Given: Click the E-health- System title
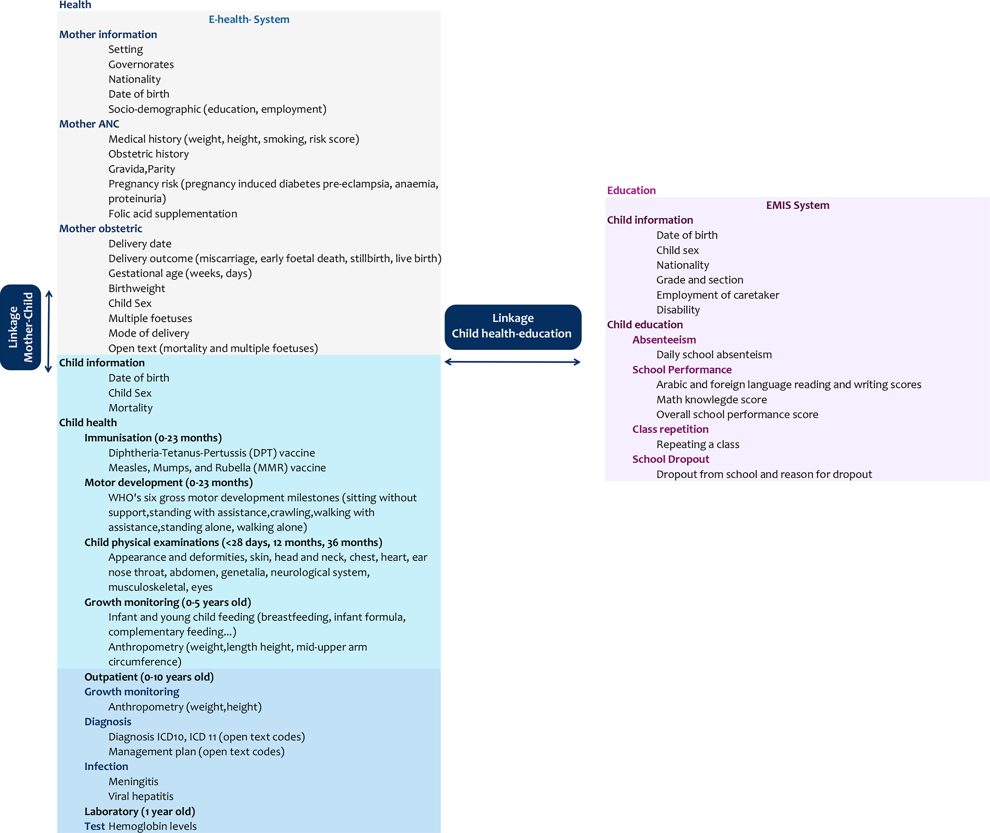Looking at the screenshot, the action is (x=249, y=19).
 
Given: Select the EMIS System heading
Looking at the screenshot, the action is (x=798, y=205).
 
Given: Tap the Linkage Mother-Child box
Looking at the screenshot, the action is (x=21, y=327).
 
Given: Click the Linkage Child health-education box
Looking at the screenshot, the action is (x=513, y=327).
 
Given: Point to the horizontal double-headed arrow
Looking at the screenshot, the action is (x=512, y=362).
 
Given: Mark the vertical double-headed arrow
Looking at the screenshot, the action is (x=49, y=332).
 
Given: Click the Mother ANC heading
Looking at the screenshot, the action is (x=89, y=124).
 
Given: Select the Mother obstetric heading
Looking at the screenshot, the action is (x=100, y=229).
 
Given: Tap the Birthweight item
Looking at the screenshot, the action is (x=137, y=289).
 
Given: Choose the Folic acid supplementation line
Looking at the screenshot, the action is (x=173, y=214).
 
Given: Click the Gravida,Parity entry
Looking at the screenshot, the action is (x=141, y=169).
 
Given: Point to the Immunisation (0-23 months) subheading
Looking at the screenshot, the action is (x=153, y=438).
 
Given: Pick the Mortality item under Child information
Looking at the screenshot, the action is (x=131, y=408).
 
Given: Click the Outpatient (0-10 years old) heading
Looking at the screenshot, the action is (x=149, y=677).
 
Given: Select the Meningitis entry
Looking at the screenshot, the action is (x=133, y=782).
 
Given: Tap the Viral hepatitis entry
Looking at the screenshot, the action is (x=141, y=797).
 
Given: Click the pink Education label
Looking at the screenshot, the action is (x=631, y=190).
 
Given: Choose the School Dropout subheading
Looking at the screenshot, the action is (x=670, y=459).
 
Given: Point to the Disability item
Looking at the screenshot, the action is (x=678, y=310).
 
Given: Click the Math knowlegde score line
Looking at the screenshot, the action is (x=711, y=400).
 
